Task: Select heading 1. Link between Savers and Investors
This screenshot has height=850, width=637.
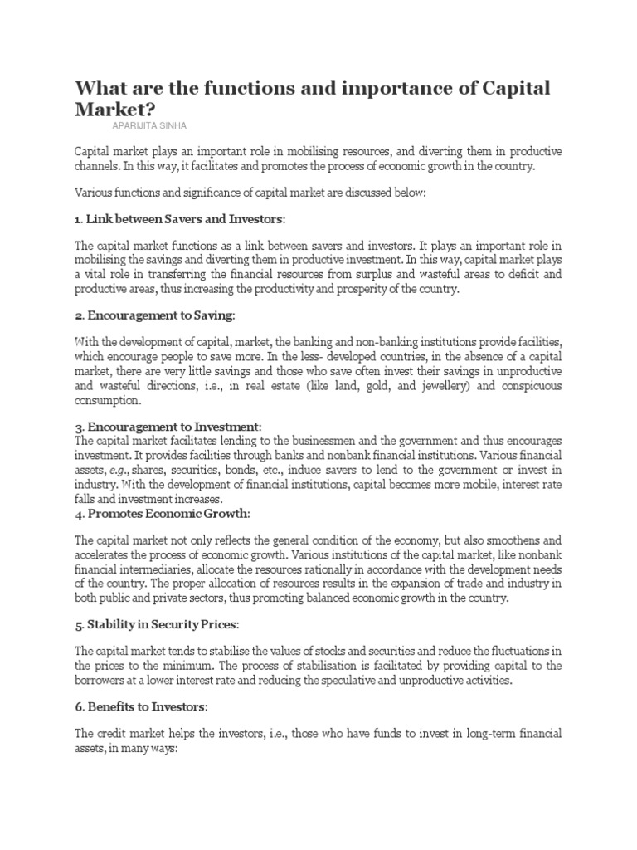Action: click(179, 218)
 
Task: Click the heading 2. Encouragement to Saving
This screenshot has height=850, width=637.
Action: click(155, 316)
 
